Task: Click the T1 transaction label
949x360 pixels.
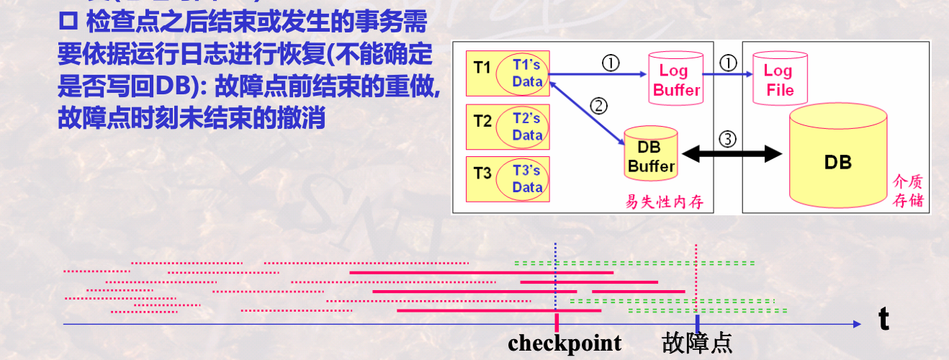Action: click(x=482, y=68)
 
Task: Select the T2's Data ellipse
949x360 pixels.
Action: click(x=527, y=127)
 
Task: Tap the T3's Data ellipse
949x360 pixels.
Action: click(x=527, y=179)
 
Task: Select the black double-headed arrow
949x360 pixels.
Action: click(x=732, y=153)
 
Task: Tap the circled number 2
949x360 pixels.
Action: click(x=598, y=106)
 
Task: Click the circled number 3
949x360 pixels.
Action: click(x=728, y=139)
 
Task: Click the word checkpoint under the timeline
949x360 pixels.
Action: click(x=565, y=343)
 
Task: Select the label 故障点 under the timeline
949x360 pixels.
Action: click(x=696, y=343)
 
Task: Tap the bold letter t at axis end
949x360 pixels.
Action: click(x=884, y=320)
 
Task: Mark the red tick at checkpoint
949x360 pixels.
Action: click(x=556, y=321)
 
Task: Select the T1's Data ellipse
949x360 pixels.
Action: click(x=527, y=73)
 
